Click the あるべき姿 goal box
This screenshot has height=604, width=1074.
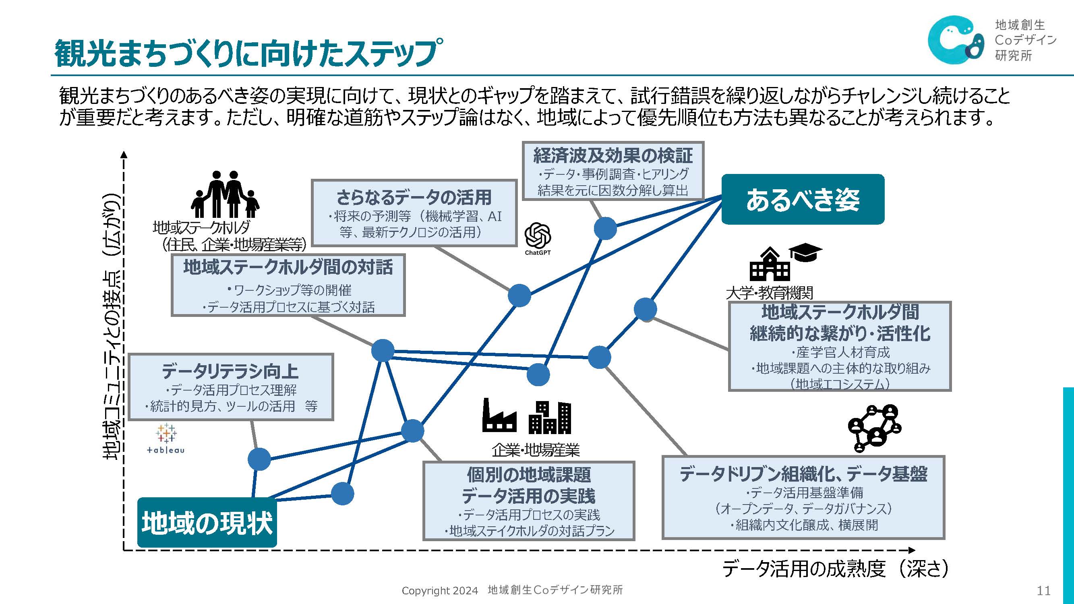pyautogui.click(x=803, y=199)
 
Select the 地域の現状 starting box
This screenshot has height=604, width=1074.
pyautogui.click(x=207, y=522)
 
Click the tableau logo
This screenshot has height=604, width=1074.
pyautogui.click(x=166, y=438)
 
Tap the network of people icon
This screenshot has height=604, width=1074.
pyautogui.click(x=874, y=428)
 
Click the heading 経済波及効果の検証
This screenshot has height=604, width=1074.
pyautogui.click(x=613, y=155)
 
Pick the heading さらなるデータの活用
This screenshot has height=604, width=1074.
pyautogui.click(x=414, y=197)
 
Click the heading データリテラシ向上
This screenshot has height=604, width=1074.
pyautogui.click(x=230, y=371)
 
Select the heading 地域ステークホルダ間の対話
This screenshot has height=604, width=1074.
pyautogui.click(x=288, y=267)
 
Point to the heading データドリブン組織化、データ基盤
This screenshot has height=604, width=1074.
pyautogui.click(x=803, y=474)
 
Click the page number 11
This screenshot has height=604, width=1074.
pyautogui.click(x=1043, y=591)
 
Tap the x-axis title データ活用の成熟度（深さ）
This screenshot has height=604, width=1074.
pyautogui.click(x=836, y=569)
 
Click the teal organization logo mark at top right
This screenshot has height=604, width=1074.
pyautogui.click(x=955, y=39)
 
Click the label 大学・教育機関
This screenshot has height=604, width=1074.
pyautogui.click(x=769, y=293)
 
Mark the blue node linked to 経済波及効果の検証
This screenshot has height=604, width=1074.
pyautogui.click(x=605, y=228)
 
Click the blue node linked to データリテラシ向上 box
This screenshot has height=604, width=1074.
pyautogui.click(x=259, y=459)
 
